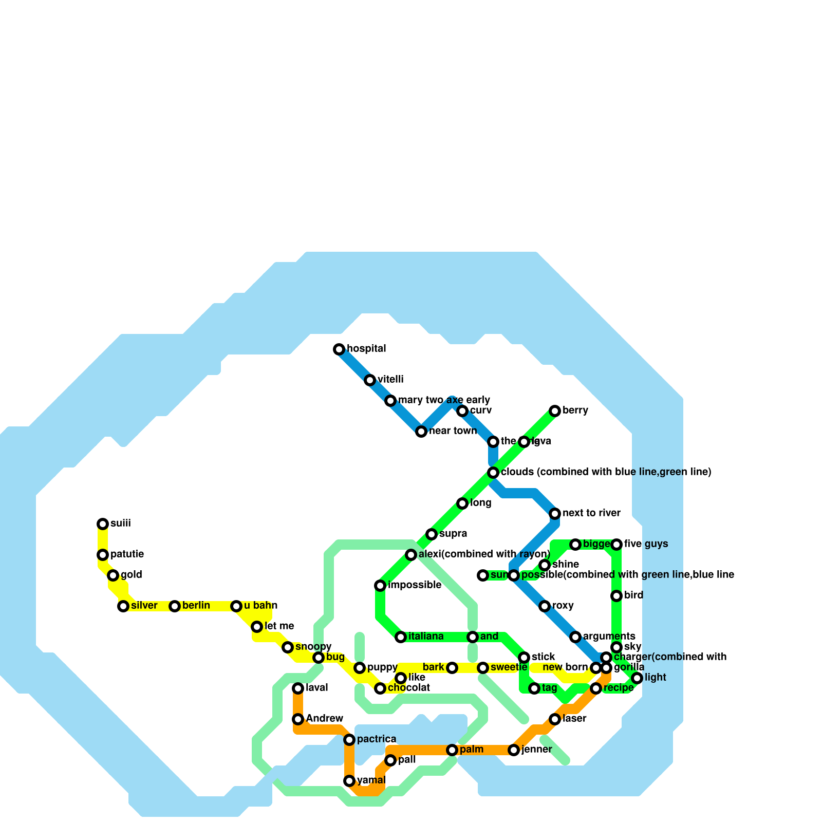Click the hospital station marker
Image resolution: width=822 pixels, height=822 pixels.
point(339,349)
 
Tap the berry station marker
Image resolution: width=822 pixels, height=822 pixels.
point(555,411)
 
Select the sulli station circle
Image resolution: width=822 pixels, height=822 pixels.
point(103,524)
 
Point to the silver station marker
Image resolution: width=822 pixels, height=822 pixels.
point(123,606)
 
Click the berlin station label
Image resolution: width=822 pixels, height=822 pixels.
point(196,606)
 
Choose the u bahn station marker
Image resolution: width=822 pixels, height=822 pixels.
point(236,606)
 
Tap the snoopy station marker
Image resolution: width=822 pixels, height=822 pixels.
point(288,647)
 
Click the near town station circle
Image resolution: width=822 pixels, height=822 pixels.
point(421,432)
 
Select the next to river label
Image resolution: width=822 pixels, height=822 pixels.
point(591,513)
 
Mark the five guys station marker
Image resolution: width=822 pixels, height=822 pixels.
point(616,545)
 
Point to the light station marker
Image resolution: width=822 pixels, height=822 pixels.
point(637,678)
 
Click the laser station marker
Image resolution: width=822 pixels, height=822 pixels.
point(555,719)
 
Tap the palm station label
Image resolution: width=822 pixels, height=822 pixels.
point(471,750)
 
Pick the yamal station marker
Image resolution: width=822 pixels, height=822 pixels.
point(349,781)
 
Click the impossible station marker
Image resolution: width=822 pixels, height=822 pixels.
point(380,586)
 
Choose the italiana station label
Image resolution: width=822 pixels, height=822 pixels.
point(426,637)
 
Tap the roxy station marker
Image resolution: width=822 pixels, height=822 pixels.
point(545,606)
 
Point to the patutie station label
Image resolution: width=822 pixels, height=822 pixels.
point(127,554)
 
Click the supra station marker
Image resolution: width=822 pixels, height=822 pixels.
point(432,534)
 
